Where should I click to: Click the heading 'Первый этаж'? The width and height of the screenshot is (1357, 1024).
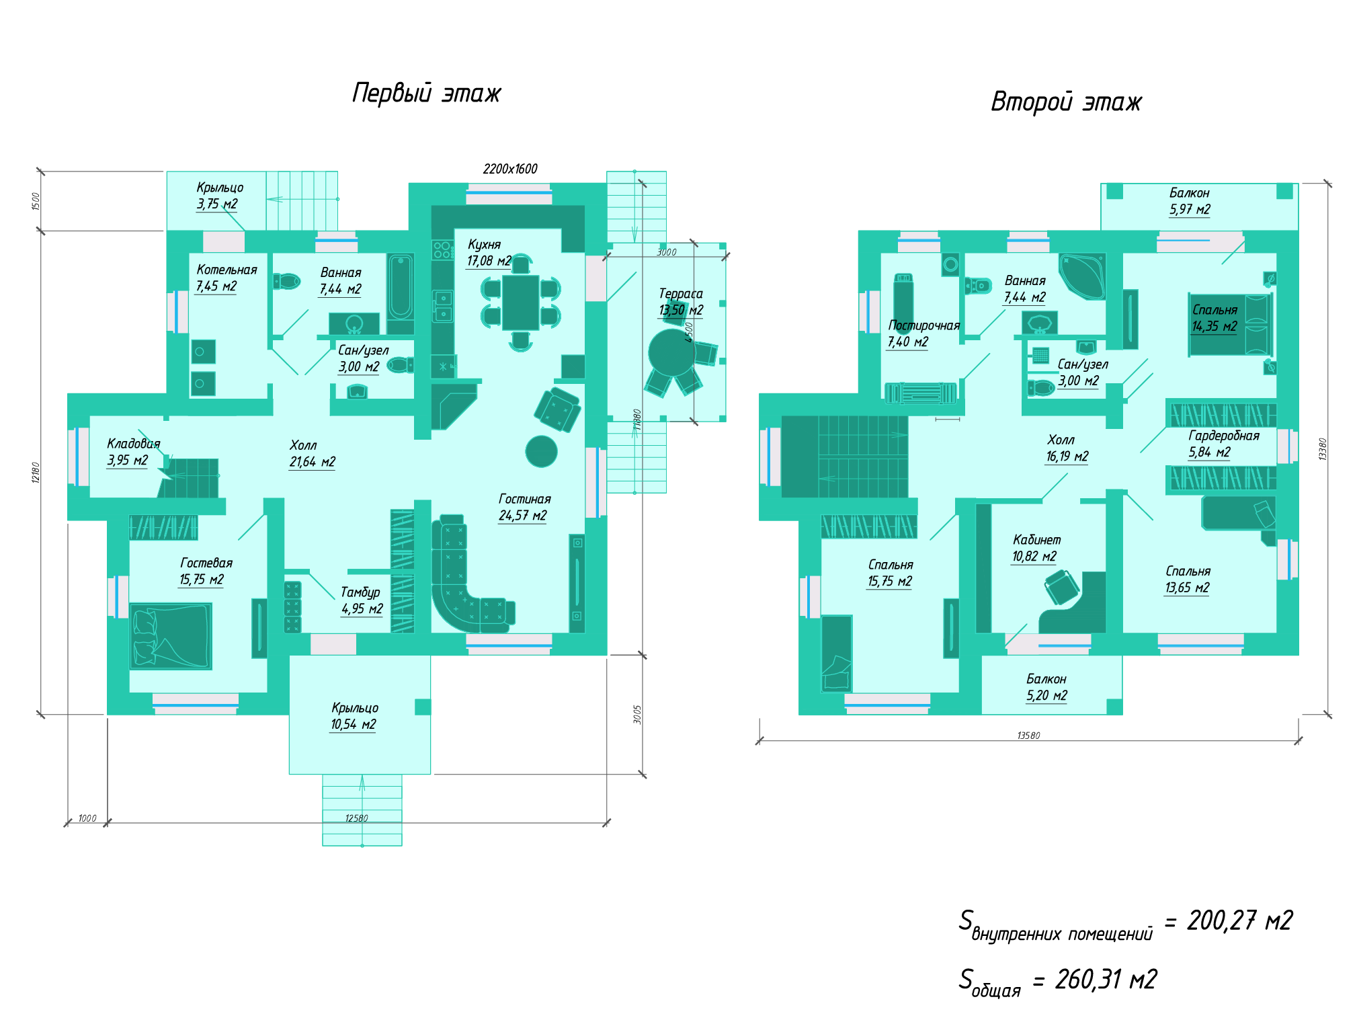coord(426,93)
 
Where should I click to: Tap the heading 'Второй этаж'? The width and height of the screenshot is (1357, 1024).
coord(1066,102)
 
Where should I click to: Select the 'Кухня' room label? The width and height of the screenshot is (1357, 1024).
coord(484,244)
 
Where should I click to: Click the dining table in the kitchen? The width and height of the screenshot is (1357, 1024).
coord(520,303)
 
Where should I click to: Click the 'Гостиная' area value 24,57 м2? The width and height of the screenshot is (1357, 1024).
coord(522,516)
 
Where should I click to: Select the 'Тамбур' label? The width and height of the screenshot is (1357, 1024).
coord(360,592)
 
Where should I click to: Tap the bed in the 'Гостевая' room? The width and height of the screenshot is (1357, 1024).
coord(171,636)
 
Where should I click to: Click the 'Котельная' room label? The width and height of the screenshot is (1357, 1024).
coord(227,270)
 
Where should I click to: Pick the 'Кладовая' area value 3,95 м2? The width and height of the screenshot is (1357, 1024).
coord(127,460)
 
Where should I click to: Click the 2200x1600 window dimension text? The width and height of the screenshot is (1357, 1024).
coord(510,169)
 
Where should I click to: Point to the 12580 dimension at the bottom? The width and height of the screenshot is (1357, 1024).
coord(356,818)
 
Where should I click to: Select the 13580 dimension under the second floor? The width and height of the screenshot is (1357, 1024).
coord(1028,736)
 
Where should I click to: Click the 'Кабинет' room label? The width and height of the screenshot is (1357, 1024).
coord(1036,540)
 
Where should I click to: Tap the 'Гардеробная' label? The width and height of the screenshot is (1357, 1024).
coord(1224,436)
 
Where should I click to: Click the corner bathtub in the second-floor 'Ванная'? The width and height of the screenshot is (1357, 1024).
coord(1082,276)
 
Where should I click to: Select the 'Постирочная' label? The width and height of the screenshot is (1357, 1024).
coord(923,325)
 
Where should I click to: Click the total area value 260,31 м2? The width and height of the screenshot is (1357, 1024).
coord(1106,980)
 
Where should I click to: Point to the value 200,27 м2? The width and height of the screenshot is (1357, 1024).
coord(1239,920)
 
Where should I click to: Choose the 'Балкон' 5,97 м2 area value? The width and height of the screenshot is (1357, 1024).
coord(1189,209)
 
